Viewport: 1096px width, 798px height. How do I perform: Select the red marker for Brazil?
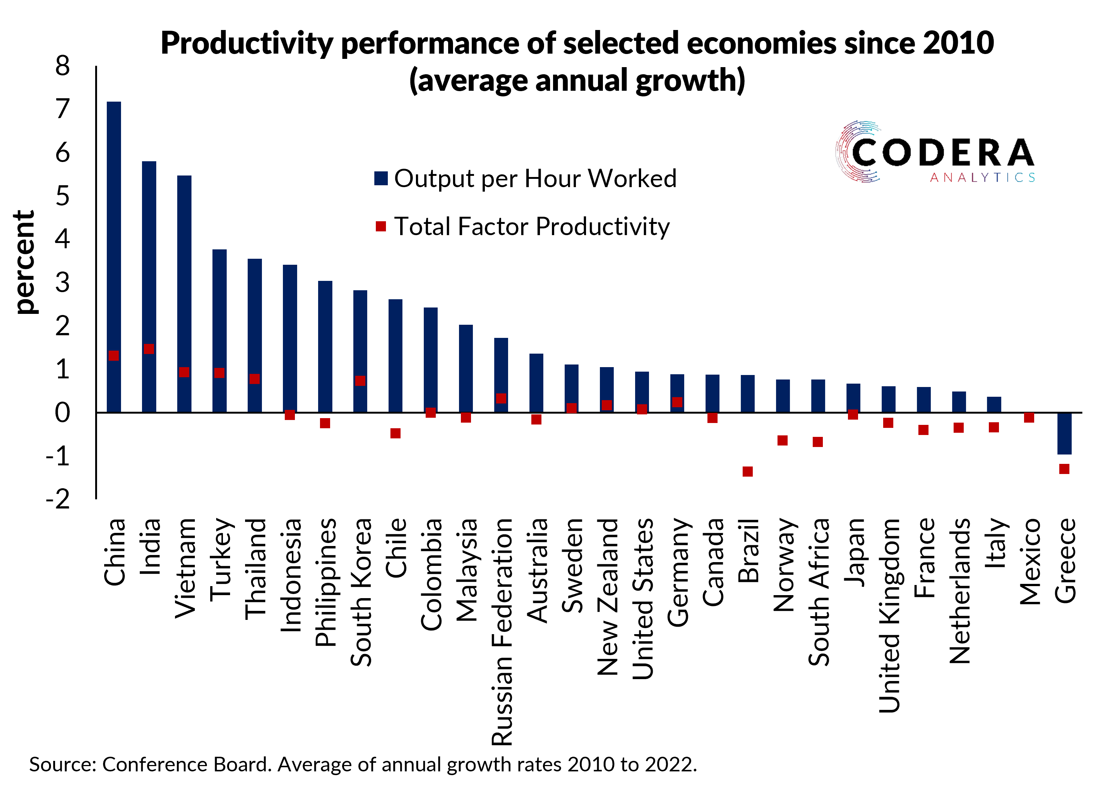pyautogui.click(x=748, y=471)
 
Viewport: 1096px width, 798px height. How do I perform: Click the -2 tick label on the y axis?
pyautogui.click(x=58, y=499)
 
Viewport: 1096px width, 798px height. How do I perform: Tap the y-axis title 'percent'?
pyautogui.click(x=24, y=262)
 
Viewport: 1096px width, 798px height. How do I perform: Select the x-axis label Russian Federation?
pyautogui.click(x=502, y=631)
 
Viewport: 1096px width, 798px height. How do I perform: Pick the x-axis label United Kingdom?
pyautogui.click(x=889, y=615)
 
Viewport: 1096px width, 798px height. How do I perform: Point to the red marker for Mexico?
pyautogui.click(x=1029, y=417)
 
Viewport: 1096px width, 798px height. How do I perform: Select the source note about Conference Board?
pyautogui.click(x=362, y=765)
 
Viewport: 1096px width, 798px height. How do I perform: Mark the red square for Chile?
pyautogui.click(x=395, y=433)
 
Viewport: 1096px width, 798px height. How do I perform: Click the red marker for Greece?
pyautogui.click(x=1064, y=469)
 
